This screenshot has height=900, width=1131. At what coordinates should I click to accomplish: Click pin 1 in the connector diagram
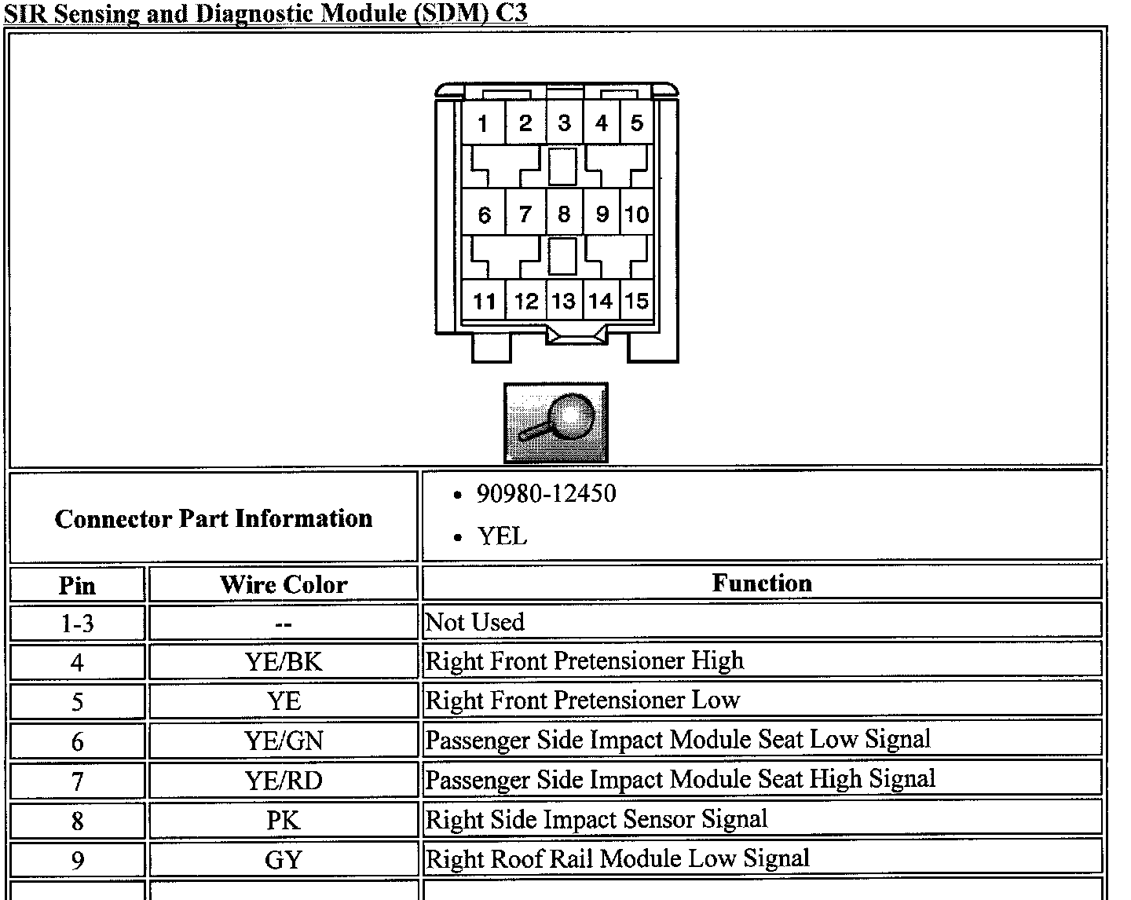coord(483,123)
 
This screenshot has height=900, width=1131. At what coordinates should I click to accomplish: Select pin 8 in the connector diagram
coord(564,214)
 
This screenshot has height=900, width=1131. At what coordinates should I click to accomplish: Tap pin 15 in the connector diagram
coord(637,301)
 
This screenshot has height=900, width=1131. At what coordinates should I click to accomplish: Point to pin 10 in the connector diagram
coord(637,214)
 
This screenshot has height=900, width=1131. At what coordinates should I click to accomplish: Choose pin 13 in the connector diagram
coord(564,301)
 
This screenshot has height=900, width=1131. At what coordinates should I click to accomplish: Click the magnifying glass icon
coord(555,423)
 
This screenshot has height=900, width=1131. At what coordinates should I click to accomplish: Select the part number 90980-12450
coord(546,494)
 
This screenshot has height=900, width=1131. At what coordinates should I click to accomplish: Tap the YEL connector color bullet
coord(502,536)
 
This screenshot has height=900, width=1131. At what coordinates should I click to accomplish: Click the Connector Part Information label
coord(214,518)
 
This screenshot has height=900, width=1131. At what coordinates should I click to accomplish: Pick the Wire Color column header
coord(284,584)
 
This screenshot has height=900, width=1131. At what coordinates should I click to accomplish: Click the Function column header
coord(762,583)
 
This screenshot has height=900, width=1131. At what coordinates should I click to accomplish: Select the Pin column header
coord(77,585)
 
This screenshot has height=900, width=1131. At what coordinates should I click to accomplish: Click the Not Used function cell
coord(474,622)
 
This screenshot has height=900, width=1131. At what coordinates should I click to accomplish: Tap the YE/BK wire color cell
coord(284,661)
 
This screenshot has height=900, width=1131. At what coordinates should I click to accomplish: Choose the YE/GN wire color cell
coord(284,741)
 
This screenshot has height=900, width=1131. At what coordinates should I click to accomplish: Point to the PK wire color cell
coord(284,820)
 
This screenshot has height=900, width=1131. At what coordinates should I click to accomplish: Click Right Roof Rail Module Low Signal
coord(617,858)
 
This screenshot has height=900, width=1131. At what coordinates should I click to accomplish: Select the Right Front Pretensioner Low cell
coord(583,700)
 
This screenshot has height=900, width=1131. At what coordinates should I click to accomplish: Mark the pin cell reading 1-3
coord(77,624)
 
